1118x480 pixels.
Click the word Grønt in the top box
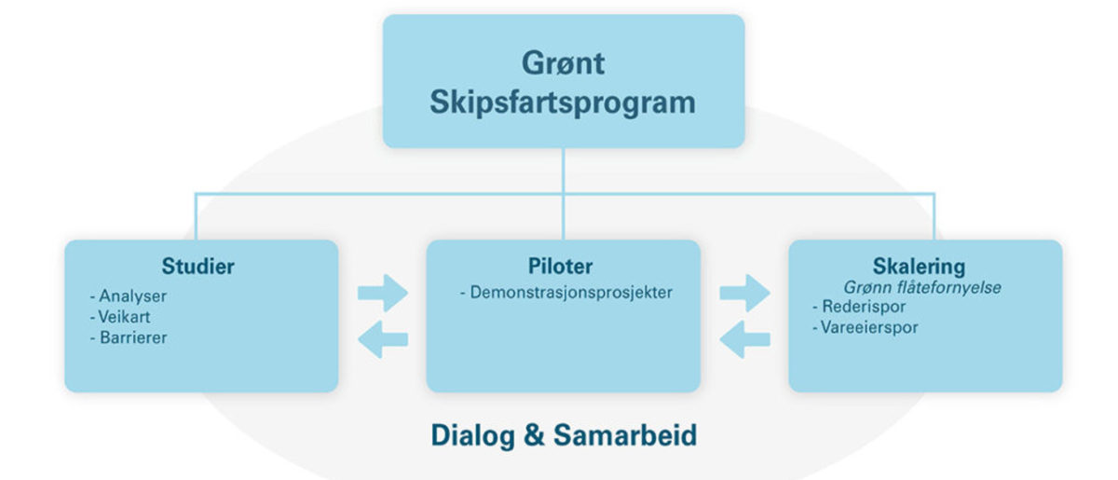click(563, 63)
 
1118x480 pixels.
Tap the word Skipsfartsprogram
click(563, 103)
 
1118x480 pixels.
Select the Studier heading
click(198, 267)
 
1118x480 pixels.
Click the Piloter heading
click(561, 267)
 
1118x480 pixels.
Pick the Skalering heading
click(919, 267)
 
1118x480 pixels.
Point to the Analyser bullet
click(129, 295)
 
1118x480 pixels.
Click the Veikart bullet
click(120, 317)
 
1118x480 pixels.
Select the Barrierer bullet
click(129, 337)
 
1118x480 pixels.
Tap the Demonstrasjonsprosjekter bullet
click(566, 293)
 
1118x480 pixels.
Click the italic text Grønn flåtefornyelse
click(922, 287)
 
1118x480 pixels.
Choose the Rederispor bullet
click(859, 307)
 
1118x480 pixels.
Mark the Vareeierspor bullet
click(866, 328)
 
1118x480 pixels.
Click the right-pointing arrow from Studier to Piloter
click(383, 294)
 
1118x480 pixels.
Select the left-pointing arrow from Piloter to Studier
click(383, 339)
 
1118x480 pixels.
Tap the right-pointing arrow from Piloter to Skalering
click(744, 294)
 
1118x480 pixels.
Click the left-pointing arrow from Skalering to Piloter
click(744, 339)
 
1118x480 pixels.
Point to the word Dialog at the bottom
click(472, 436)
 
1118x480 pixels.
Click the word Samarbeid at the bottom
click(625, 435)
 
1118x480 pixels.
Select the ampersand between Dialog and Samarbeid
click(534, 435)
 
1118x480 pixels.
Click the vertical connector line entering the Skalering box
click(934, 217)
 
